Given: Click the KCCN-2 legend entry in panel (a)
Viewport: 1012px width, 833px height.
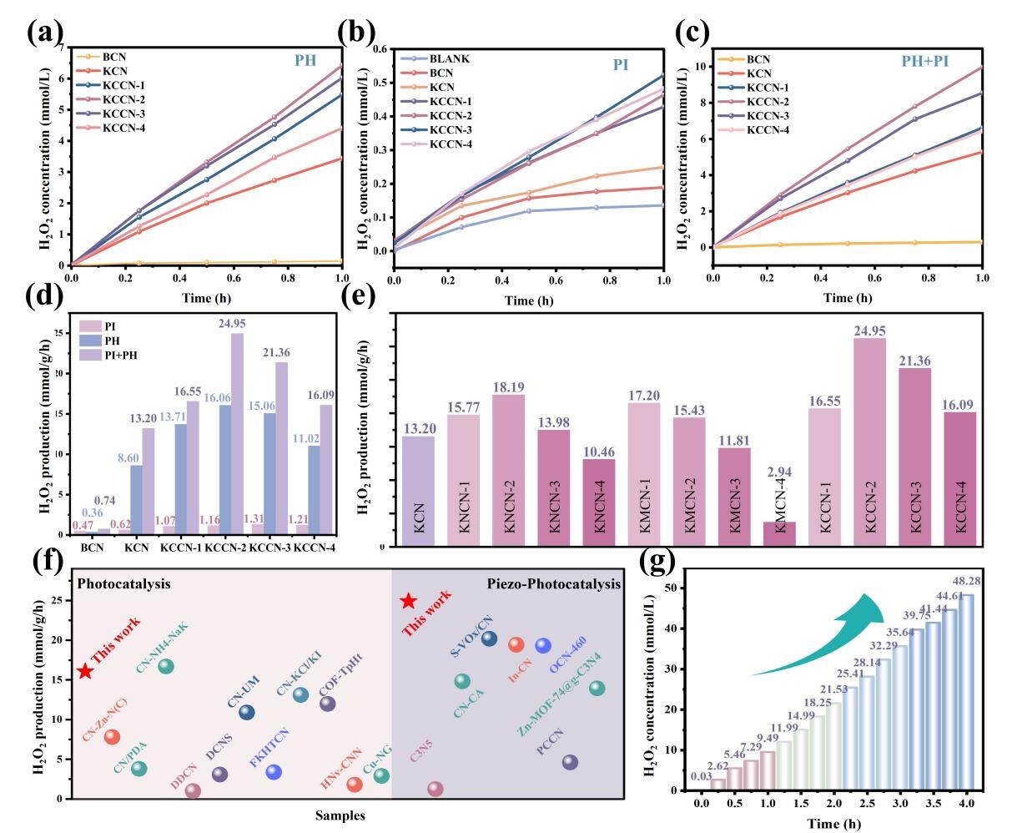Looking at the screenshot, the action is click(110, 100).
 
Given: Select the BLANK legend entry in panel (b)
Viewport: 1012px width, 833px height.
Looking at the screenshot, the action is click(436, 58).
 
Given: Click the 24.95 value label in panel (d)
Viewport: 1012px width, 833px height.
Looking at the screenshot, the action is click(232, 324).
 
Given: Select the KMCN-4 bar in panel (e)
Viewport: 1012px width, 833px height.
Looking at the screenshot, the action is click(779, 534).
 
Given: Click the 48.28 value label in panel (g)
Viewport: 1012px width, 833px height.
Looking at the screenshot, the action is click(966, 582).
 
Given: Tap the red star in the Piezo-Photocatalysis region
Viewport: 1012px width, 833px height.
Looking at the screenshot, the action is click(408, 601).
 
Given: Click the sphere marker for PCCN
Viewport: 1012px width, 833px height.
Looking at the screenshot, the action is click(570, 762).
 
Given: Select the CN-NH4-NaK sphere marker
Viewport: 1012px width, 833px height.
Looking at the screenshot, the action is click(165, 666).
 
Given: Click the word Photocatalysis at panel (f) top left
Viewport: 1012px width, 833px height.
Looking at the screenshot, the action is click(123, 583).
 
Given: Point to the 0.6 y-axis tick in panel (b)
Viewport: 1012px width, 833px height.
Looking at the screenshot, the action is click(382, 49).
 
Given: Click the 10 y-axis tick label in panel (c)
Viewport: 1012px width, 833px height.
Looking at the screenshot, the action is click(700, 67).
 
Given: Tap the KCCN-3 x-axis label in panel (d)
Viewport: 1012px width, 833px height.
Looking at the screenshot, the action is click(269, 548).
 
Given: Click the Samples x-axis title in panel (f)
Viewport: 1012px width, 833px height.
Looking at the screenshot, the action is click(340, 815).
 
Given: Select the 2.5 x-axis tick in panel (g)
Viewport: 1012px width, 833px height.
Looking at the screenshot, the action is click(868, 803).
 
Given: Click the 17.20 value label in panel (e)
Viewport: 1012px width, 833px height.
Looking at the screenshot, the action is click(644, 396).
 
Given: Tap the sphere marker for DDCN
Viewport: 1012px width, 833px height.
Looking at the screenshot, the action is click(193, 790).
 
